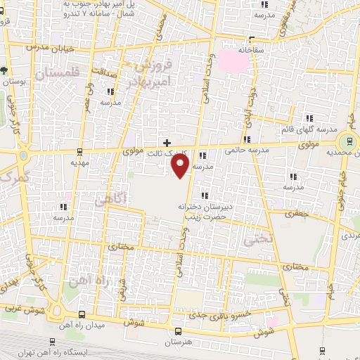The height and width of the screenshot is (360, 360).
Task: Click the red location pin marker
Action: (181, 165)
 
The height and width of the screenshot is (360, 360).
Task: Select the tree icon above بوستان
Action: (5, 70)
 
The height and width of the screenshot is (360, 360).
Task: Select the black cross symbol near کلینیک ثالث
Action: (167, 142)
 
